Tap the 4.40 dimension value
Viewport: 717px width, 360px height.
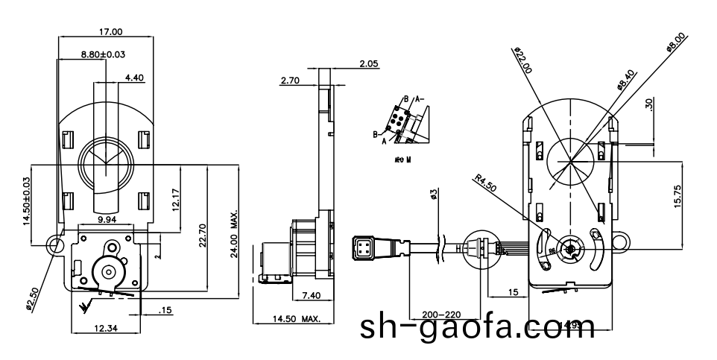[x=136, y=77]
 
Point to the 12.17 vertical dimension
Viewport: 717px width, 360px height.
[x=174, y=200]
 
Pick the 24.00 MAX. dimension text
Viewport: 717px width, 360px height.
[x=234, y=233]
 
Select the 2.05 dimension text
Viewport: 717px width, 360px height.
[x=369, y=64]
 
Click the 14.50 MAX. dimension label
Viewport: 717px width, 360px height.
[x=296, y=319]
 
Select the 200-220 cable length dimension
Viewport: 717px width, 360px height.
[x=443, y=315]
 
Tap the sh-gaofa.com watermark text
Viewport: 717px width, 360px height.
[x=477, y=328]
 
